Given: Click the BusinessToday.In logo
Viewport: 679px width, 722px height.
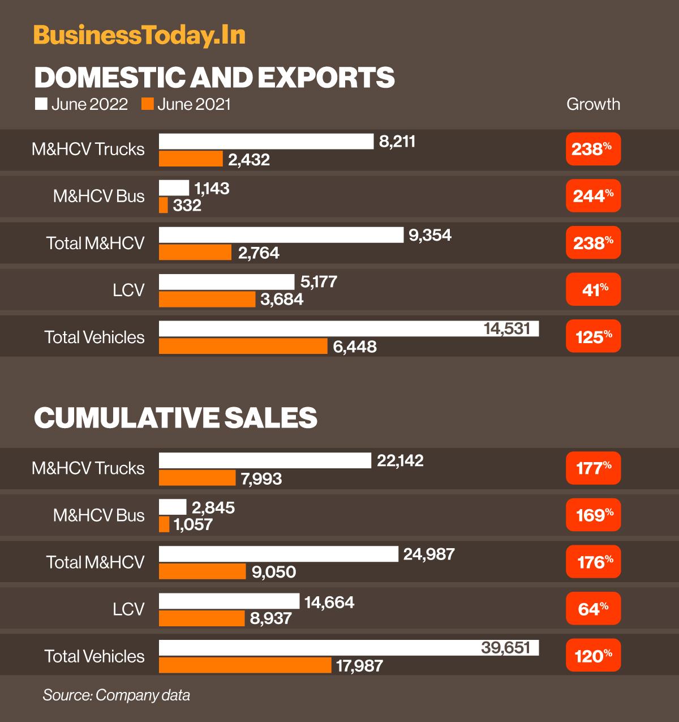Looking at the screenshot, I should coord(139,35).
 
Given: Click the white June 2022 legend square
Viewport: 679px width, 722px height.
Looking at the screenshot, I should coord(41,104).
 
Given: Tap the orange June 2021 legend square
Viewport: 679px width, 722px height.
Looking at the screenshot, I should coord(147,104).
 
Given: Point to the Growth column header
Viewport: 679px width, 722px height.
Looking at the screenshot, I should coord(593,104).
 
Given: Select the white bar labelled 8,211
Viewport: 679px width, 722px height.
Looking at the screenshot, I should coord(266,142).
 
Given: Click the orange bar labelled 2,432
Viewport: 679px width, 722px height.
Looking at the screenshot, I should coord(191,159).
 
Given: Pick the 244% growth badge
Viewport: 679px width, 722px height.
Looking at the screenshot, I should coord(593,196).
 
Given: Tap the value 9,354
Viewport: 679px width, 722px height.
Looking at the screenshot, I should coord(430,235).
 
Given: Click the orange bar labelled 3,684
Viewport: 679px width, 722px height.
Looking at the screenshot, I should coord(207,300).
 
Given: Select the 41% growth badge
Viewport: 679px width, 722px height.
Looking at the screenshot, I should coord(593,290).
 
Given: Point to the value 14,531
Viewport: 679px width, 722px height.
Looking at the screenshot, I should coord(507,328).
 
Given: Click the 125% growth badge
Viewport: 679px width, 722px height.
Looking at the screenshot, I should coord(593,337).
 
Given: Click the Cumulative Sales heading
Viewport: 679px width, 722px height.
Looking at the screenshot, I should coord(175,418).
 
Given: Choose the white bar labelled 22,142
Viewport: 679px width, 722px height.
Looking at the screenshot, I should coord(265,461).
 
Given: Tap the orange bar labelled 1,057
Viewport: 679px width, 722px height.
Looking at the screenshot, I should coord(164,525).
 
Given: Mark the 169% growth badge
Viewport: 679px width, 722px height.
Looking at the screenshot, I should coord(593,515).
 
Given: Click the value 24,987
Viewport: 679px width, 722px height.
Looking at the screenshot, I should coord(429,554).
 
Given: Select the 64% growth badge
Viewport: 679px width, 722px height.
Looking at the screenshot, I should coord(593,609).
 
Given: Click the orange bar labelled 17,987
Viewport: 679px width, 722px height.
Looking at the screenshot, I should coord(245,665).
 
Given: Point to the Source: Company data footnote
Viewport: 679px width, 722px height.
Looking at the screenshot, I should coord(116,695).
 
